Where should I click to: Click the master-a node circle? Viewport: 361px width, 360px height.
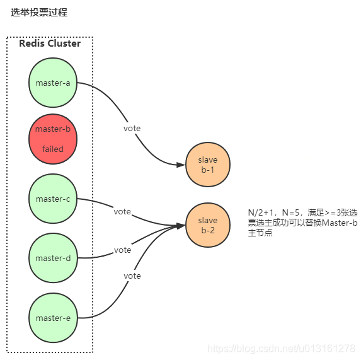pyautogui.click(x=53, y=83)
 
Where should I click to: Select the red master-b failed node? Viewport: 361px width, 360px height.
pyautogui.click(x=53, y=139)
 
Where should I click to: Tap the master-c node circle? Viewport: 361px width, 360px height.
pyautogui.click(x=53, y=199)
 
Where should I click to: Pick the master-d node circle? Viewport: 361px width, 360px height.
pyautogui.click(x=53, y=258)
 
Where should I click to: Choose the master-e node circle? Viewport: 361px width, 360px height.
pyautogui.click(x=53, y=318)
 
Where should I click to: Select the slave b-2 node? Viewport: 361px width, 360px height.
pyautogui.click(x=208, y=225)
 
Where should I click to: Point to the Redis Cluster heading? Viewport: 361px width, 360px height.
pyautogui.click(x=50, y=44)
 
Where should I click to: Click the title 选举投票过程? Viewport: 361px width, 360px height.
pyautogui.click(x=39, y=12)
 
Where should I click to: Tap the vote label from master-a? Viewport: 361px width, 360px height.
pyautogui.click(x=132, y=129)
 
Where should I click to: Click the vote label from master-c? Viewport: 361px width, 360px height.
pyautogui.click(x=122, y=212)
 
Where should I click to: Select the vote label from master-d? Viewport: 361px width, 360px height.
pyautogui.click(x=122, y=250)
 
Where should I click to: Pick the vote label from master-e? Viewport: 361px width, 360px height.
pyautogui.click(x=132, y=276)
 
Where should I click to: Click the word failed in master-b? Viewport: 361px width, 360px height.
pyautogui.click(x=53, y=149)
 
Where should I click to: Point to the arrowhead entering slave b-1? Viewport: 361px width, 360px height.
pyautogui.click(x=181, y=165)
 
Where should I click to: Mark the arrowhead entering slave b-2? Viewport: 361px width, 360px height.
pyautogui.click(x=181, y=225)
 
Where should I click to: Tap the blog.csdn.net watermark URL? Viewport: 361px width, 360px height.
pyautogui.click(x=281, y=348)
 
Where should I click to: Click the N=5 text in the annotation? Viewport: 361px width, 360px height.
pyautogui.click(x=288, y=213)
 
